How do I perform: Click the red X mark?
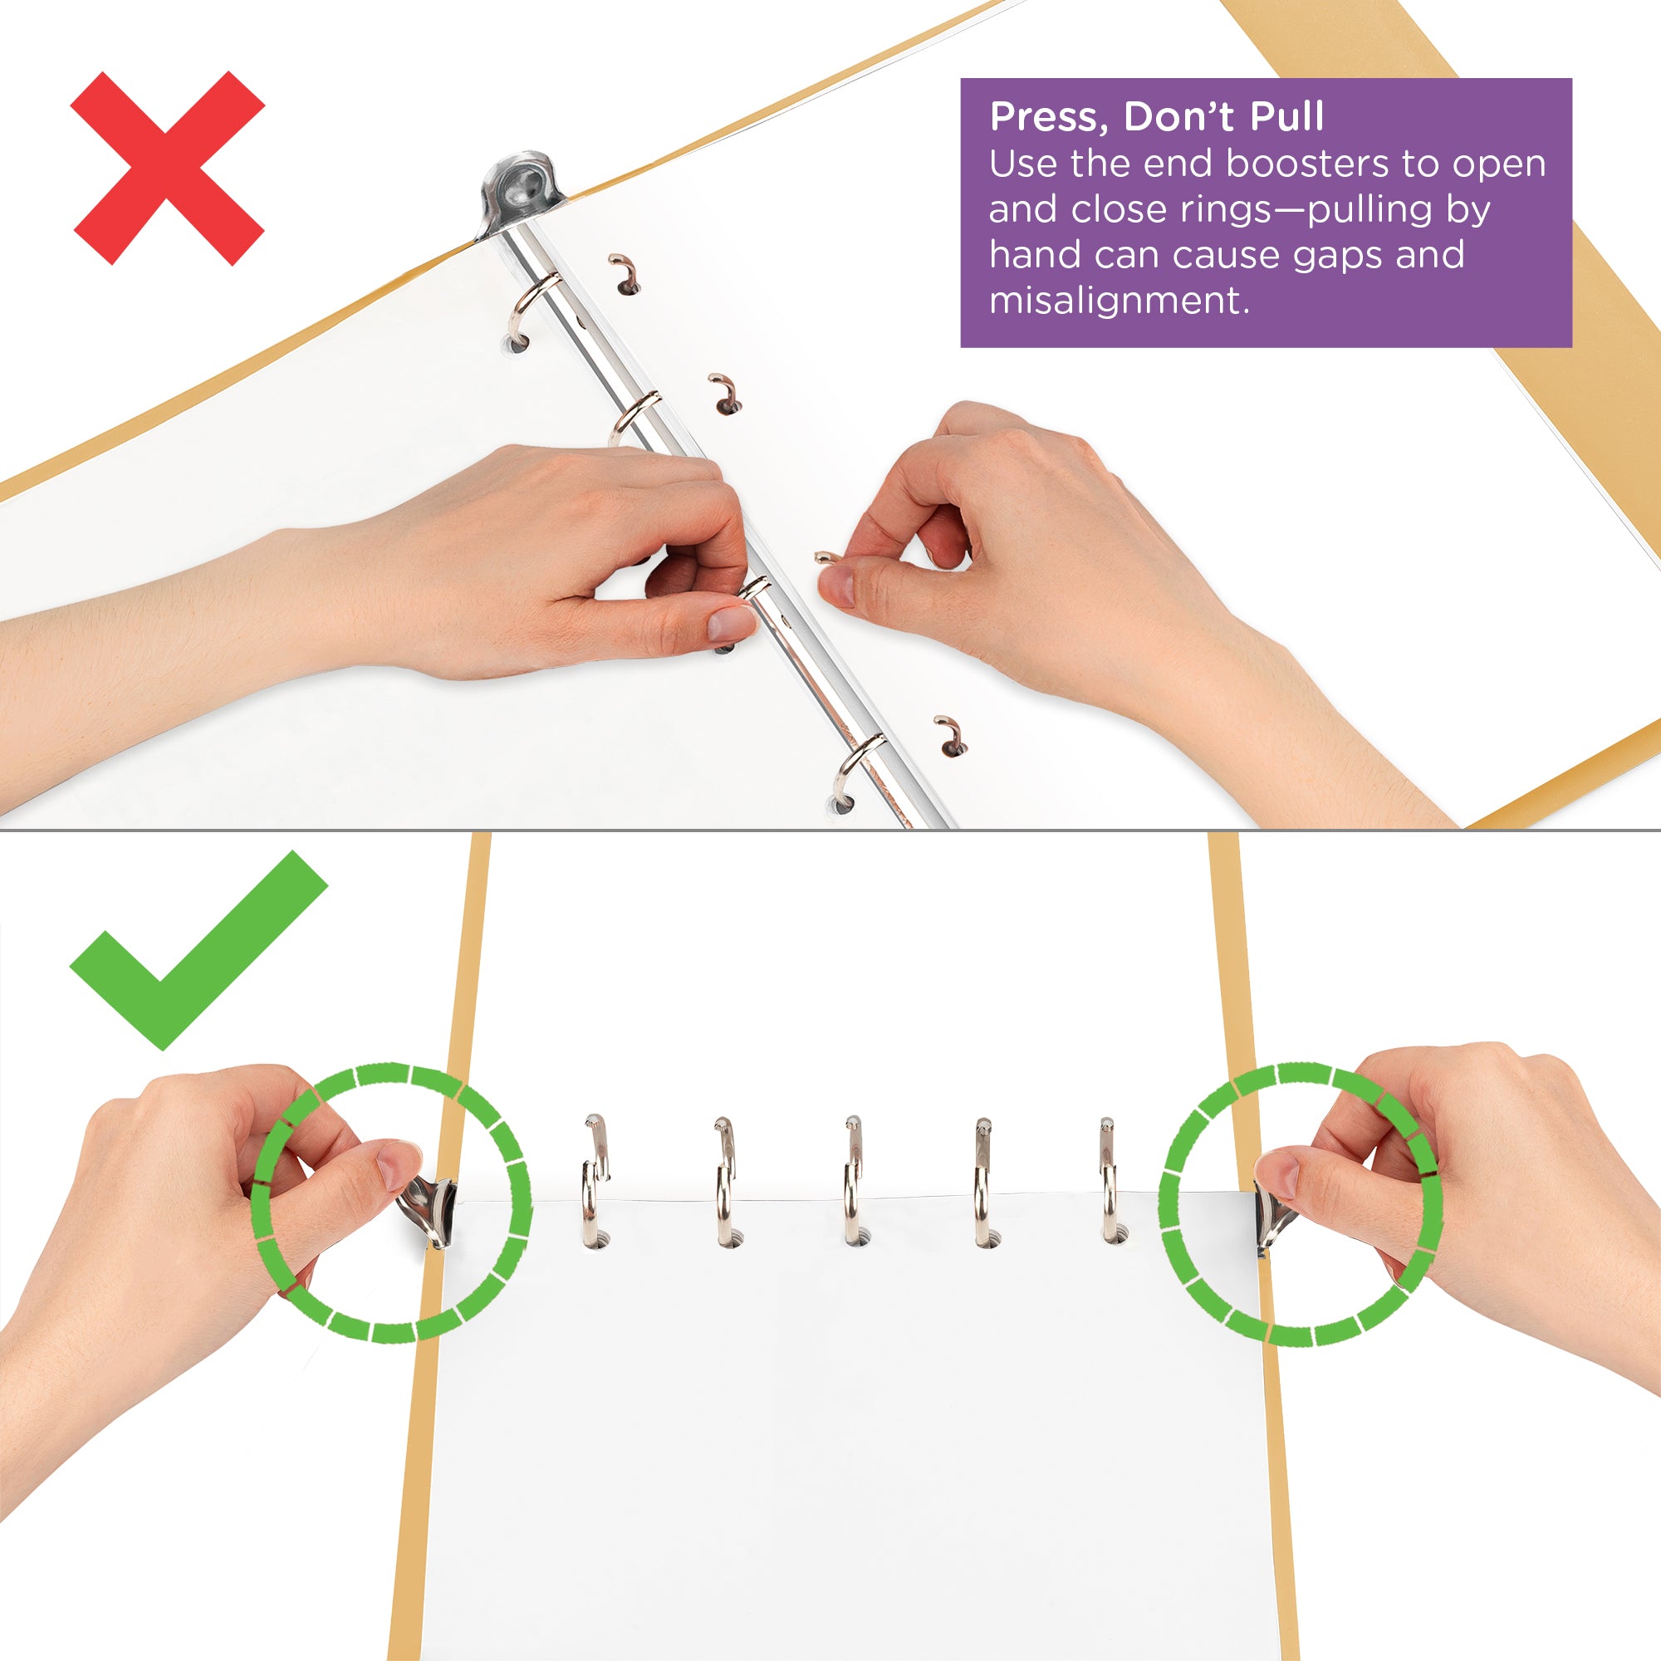[168, 168]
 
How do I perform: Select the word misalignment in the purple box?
[1118, 301]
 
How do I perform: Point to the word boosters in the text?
[1306, 164]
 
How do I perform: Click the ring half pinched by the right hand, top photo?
[827, 558]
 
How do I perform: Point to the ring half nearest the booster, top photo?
[625, 273]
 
